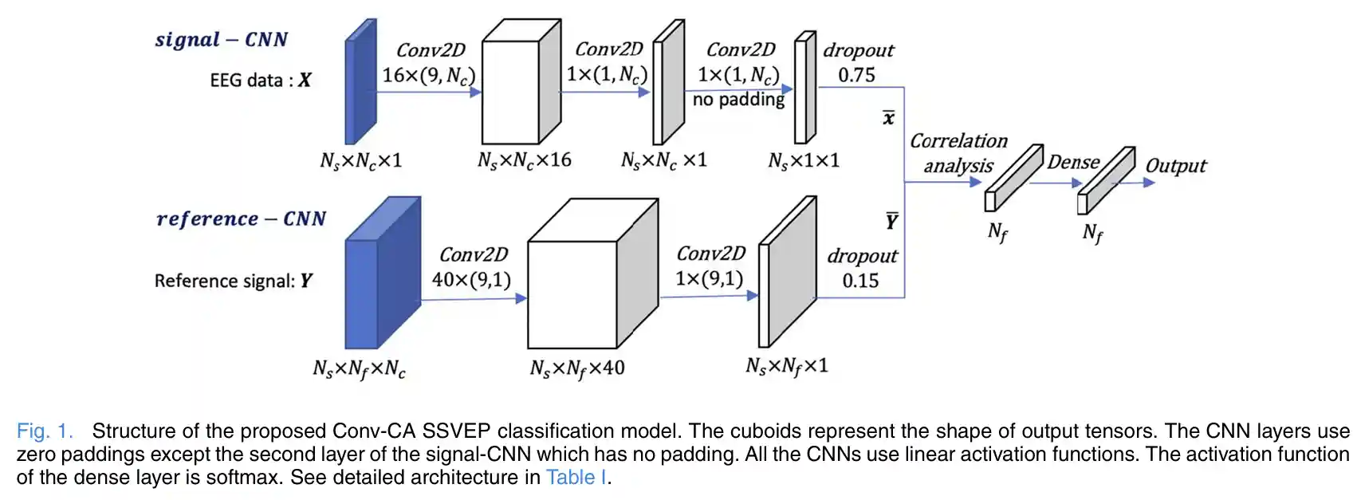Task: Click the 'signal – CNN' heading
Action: [x=221, y=40]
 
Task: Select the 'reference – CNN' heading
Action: [x=241, y=219]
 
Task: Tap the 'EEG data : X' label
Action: [x=260, y=81]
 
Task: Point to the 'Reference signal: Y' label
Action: [x=233, y=281]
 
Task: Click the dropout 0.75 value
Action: [x=856, y=76]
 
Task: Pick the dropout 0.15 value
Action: [x=860, y=281]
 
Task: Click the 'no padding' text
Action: [x=738, y=100]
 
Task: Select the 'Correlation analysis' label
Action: [x=958, y=153]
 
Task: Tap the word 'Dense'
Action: [x=1073, y=162]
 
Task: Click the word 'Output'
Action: [x=1175, y=166]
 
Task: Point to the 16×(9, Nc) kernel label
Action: [x=428, y=76]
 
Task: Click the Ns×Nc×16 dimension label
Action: [x=524, y=160]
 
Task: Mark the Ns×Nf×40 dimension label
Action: [x=576, y=368]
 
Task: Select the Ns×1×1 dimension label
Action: [x=804, y=161]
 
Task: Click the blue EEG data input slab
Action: [x=360, y=81]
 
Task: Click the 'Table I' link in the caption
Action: [x=576, y=478]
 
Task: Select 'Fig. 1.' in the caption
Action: [x=45, y=431]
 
